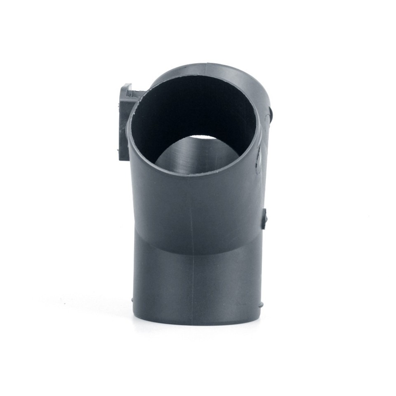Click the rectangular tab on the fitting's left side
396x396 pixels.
tap(123, 120)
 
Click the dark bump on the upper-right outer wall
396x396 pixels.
tap(272, 112)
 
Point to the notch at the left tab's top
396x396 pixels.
tap(129, 87)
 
